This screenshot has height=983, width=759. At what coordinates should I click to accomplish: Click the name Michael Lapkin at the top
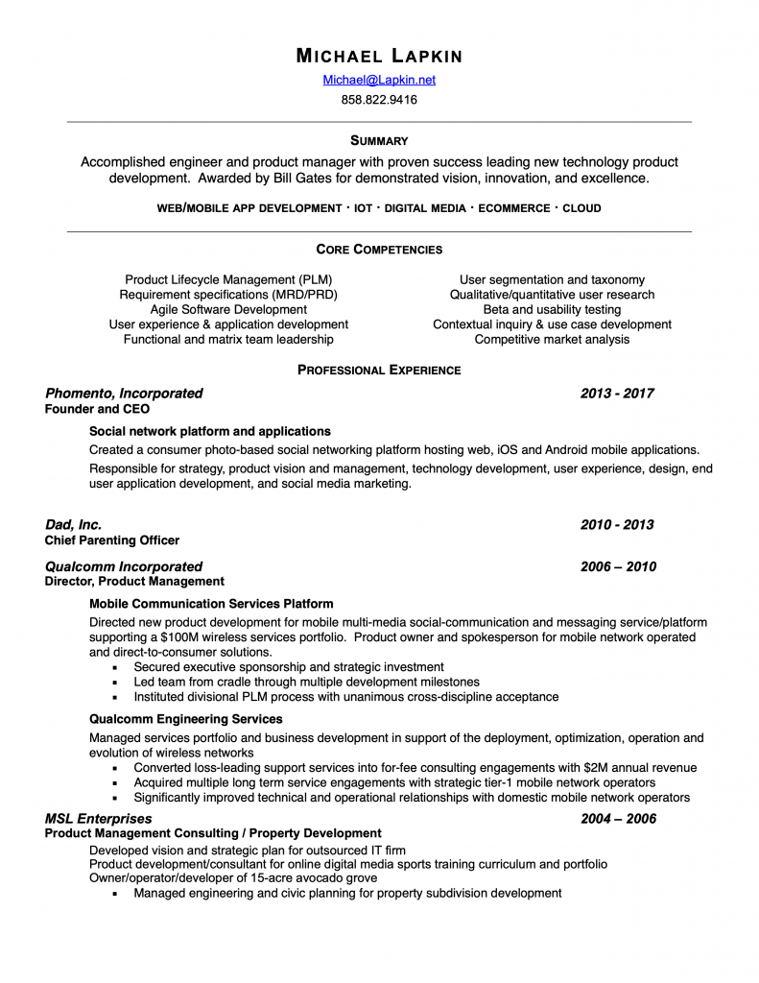point(379,56)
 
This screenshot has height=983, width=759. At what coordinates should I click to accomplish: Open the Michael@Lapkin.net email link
point(379,81)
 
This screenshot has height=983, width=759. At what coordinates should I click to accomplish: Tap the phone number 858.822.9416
point(379,99)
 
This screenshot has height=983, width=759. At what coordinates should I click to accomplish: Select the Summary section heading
point(379,140)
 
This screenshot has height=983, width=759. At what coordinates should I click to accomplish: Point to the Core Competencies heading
point(379,250)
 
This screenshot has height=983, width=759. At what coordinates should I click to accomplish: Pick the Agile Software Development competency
point(228,309)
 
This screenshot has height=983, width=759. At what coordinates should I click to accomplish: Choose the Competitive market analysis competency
point(552,339)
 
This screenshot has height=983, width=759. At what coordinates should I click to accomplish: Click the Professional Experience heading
point(379,370)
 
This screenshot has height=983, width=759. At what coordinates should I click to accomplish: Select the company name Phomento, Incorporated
point(124,394)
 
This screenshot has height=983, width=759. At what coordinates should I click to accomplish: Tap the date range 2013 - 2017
point(617,394)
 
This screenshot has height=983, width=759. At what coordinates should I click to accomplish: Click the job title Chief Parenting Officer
point(112,540)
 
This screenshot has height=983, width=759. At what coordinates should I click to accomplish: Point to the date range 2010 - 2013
point(617,525)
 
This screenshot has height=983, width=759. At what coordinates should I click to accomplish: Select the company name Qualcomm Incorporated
point(124,566)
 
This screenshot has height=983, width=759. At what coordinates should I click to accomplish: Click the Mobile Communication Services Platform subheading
point(211,604)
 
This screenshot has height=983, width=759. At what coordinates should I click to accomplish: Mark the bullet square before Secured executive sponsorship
point(114,667)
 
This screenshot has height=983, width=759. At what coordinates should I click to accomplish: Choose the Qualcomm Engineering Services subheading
point(185,719)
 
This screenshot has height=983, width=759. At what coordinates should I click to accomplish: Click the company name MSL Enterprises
point(99,819)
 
